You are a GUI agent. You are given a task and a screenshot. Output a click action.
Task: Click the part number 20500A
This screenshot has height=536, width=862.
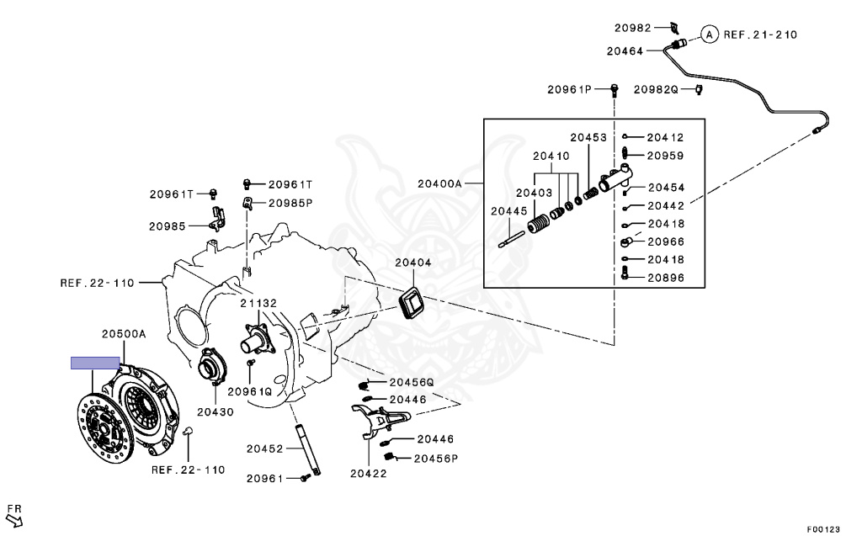pos(124,334)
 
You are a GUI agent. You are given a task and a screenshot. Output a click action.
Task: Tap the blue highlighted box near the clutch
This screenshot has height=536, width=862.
pos(94,364)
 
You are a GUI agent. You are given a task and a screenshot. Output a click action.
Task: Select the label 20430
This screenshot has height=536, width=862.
pos(215,412)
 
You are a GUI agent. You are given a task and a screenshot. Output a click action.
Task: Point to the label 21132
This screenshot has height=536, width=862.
pos(258,304)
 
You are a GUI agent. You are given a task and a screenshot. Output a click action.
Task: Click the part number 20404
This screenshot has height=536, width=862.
pos(412,263)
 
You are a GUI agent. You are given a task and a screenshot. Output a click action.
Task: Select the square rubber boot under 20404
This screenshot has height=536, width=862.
pos(412,302)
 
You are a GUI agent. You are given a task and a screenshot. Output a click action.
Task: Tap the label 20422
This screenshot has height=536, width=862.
pos(368,473)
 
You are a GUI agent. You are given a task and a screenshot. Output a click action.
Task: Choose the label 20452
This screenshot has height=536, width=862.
pos(264,449)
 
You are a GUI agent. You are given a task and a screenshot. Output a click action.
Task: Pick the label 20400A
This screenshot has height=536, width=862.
pos(440,183)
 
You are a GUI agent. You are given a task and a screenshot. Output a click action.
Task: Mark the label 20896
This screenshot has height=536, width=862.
pos(666,278)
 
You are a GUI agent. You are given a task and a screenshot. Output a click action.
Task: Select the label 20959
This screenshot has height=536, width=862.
pos(665,156)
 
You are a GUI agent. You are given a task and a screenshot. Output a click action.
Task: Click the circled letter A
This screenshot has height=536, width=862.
pos(709,34)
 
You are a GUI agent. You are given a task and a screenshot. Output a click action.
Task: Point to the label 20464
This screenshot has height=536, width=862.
pos(624,50)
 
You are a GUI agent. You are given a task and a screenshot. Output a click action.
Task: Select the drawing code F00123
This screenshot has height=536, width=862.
pos(822,529)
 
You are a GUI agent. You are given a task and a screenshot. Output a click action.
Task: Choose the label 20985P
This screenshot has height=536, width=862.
pos(290,203)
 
